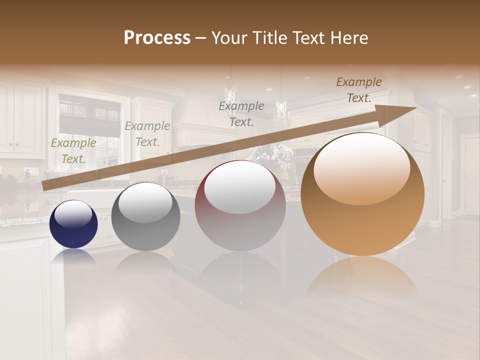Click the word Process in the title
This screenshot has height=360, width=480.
[x=157, y=38]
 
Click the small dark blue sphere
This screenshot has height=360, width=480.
[x=73, y=224]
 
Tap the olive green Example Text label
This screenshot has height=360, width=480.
[x=73, y=151]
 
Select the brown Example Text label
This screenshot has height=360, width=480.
[x=359, y=90]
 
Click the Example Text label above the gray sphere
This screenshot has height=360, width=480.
[x=147, y=134]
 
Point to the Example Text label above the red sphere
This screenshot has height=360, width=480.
[x=241, y=113]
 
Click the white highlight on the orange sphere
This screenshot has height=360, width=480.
[x=362, y=167]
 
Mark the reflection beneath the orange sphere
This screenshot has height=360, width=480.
[x=362, y=277]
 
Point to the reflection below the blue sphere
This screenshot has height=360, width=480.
[x=73, y=256]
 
